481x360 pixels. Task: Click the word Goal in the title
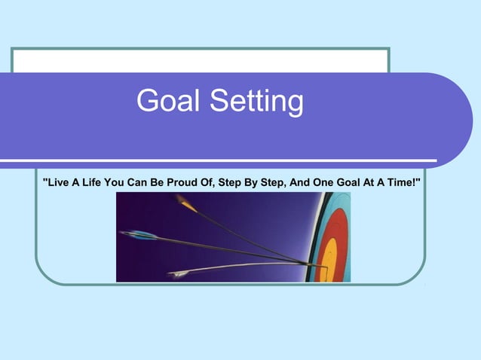click(168, 102)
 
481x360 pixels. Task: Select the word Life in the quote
click(90, 183)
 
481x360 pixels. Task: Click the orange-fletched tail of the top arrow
click(185, 203)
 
